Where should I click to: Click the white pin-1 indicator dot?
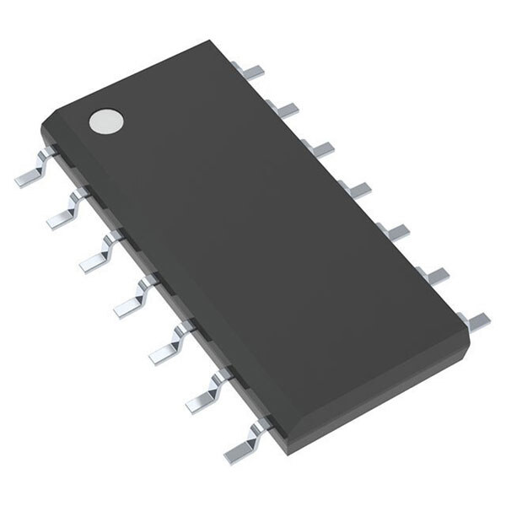105,121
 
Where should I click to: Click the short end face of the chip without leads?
135,80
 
